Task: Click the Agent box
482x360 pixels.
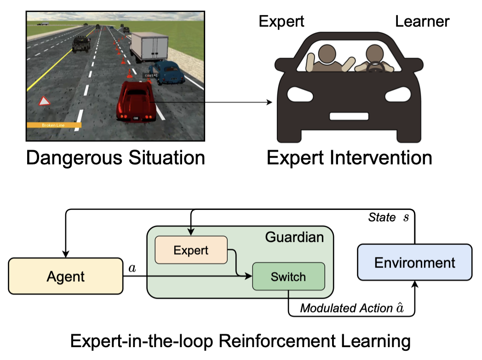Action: tap(66, 277)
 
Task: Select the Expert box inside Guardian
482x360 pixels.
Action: tap(191, 250)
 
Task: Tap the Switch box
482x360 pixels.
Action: tap(288, 277)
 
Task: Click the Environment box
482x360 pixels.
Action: tap(414, 262)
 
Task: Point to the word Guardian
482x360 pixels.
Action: tap(294, 237)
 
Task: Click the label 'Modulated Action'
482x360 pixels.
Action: tap(345, 308)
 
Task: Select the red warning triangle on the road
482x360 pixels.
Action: tap(45, 101)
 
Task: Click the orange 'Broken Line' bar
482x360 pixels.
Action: tap(54, 125)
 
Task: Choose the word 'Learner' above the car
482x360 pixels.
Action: tap(422, 21)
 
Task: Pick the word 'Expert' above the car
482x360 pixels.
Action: tap(281, 21)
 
